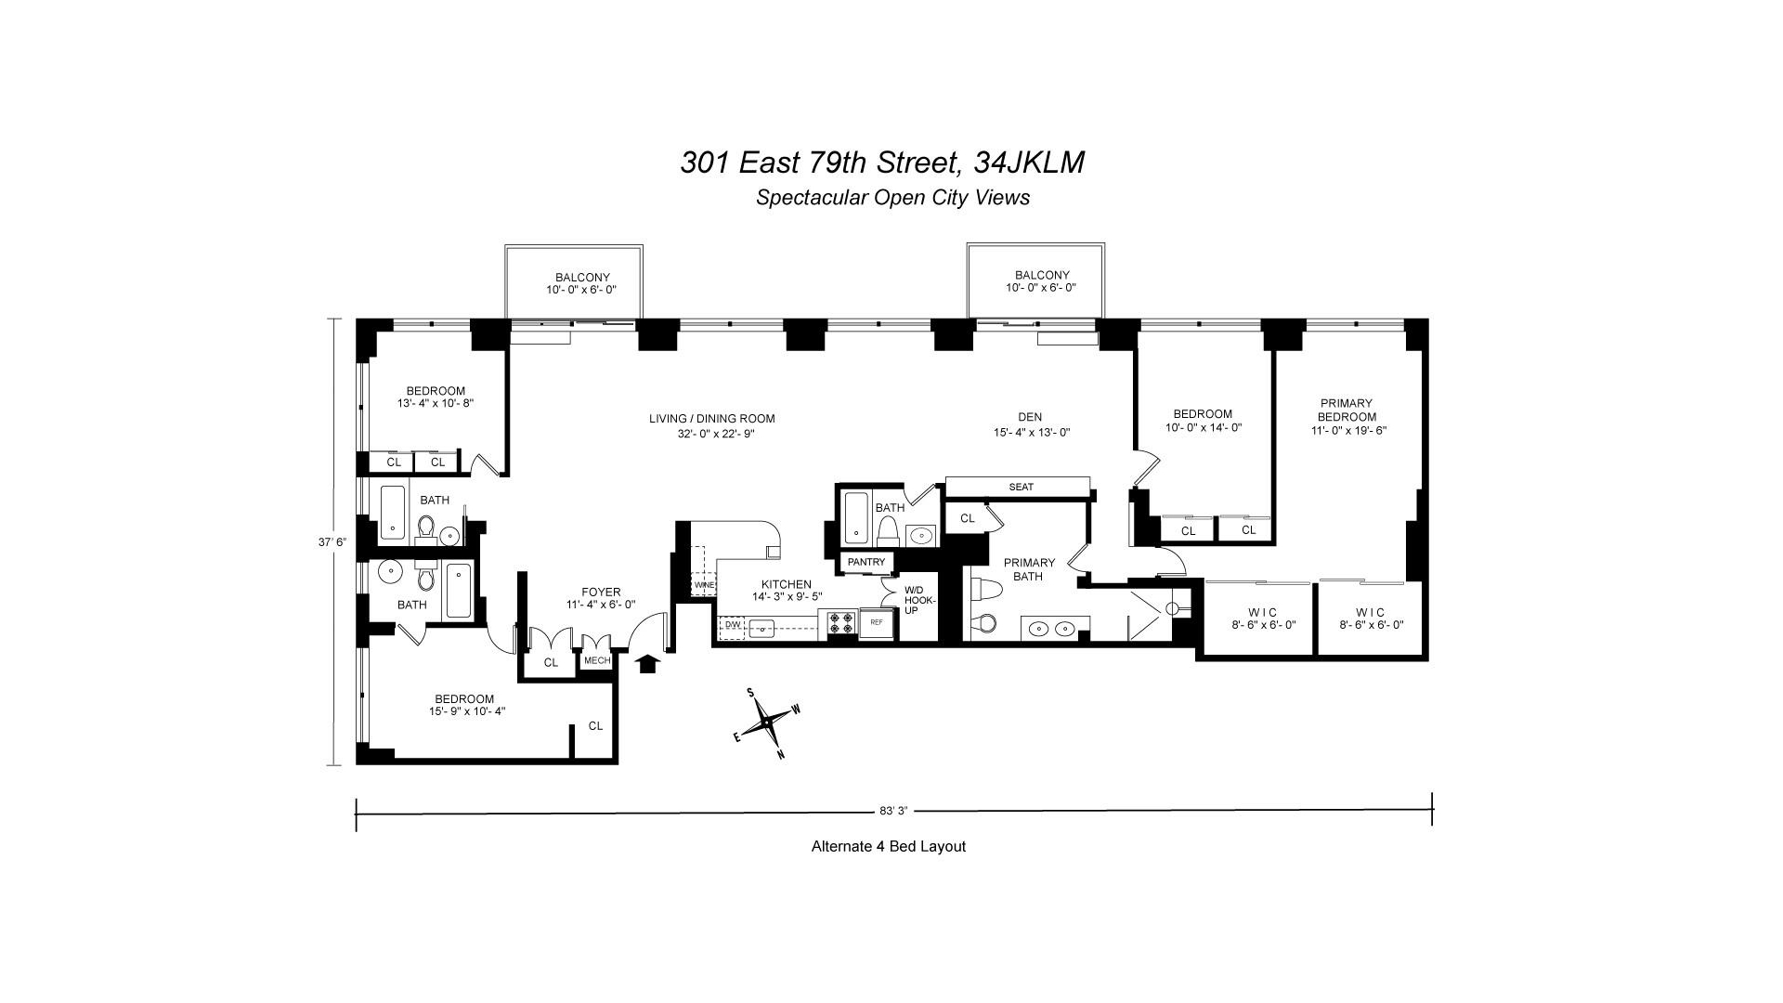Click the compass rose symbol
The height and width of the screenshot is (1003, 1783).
pyautogui.click(x=767, y=722)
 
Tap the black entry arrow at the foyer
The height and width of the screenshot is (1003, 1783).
pyautogui.click(x=647, y=663)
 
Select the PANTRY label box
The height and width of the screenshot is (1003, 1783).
pyautogui.click(x=866, y=562)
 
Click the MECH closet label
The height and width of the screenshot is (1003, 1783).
pyautogui.click(x=596, y=661)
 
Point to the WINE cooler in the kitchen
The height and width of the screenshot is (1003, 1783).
pyautogui.click(x=703, y=586)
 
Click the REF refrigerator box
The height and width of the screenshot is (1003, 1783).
pyautogui.click(x=876, y=624)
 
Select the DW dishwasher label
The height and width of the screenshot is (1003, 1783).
pyautogui.click(x=732, y=625)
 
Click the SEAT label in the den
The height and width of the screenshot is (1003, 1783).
pyautogui.click(x=1021, y=487)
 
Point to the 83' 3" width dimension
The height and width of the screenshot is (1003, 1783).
pyautogui.click(x=892, y=811)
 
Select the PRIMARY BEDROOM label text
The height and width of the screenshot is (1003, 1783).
pyautogui.click(x=1346, y=410)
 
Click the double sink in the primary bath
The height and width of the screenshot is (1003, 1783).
pyautogui.click(x=1053, y=629)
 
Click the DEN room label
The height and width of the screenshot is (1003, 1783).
pyautogui.click(x=1030, y=417)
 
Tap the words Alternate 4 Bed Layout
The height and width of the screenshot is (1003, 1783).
pyautogui.click(x=888, y=846)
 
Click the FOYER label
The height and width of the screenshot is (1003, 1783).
pyautogui.click(x=601, y=593)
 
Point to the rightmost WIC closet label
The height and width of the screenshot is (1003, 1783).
pyautogui.click(x=1370, y=612)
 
